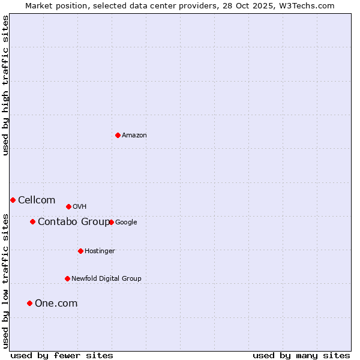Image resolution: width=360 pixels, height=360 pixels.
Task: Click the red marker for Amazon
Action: (x=118, y=135)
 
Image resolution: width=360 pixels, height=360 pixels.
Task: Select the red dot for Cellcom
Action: (x=13, y=200)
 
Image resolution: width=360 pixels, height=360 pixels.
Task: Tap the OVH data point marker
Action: (x=68, y=206)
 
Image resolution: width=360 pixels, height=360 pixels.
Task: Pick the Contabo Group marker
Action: (x=32, y=221)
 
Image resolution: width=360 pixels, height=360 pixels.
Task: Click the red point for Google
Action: (x=111, y=222)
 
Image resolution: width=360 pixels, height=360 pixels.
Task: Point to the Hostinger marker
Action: (x=80, y=251)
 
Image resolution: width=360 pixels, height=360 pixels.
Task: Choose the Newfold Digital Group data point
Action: (x=67, y=278)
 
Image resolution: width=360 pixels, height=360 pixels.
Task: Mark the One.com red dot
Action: (x=29, y=303)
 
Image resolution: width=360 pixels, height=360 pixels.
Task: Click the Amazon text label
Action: (x=134, y=135)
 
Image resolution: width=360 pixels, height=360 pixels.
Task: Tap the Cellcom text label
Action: (x=37, y=200)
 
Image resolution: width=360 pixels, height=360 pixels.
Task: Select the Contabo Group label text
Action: (x=74, y=221)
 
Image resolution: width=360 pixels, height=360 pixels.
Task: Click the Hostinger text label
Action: (x=100, y=251)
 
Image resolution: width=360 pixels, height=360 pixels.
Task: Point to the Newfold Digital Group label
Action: (x=106, y=278)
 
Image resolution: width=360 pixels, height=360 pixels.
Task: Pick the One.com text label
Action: (x=56, y=303)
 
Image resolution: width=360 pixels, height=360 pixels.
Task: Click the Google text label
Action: (x=126, y=222)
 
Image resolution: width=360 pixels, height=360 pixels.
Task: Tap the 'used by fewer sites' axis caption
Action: (x=62, y=355)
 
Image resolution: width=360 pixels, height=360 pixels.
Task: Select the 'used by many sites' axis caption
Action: (x=301, y=355)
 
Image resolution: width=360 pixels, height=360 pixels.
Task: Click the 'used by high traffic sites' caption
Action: (x=5, y=85)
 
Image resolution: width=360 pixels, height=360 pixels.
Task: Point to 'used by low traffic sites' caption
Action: (x=5, y=280)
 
